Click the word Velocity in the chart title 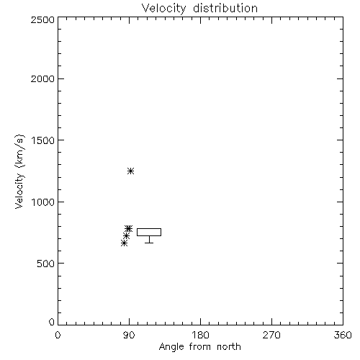pos(163,9)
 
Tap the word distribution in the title pos(225,8)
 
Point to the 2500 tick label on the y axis pos(42,19)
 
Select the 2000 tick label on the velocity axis pos(42,79)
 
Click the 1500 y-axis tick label pos(43,140)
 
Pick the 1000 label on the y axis pos(43,202)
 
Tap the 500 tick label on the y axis pos(46,264)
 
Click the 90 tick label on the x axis pos(130,335)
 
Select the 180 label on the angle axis pos(200,335)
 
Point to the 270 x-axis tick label pos(271,335)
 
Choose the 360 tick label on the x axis pos(343,335)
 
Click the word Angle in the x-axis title pos(171,347)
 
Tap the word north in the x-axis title pos(229,347)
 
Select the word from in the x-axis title pos(200,347)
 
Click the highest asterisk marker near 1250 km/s pos(130,171)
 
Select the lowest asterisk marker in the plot pos(124,243)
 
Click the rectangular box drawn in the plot pos(149,229)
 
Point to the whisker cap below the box pos(149,243)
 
